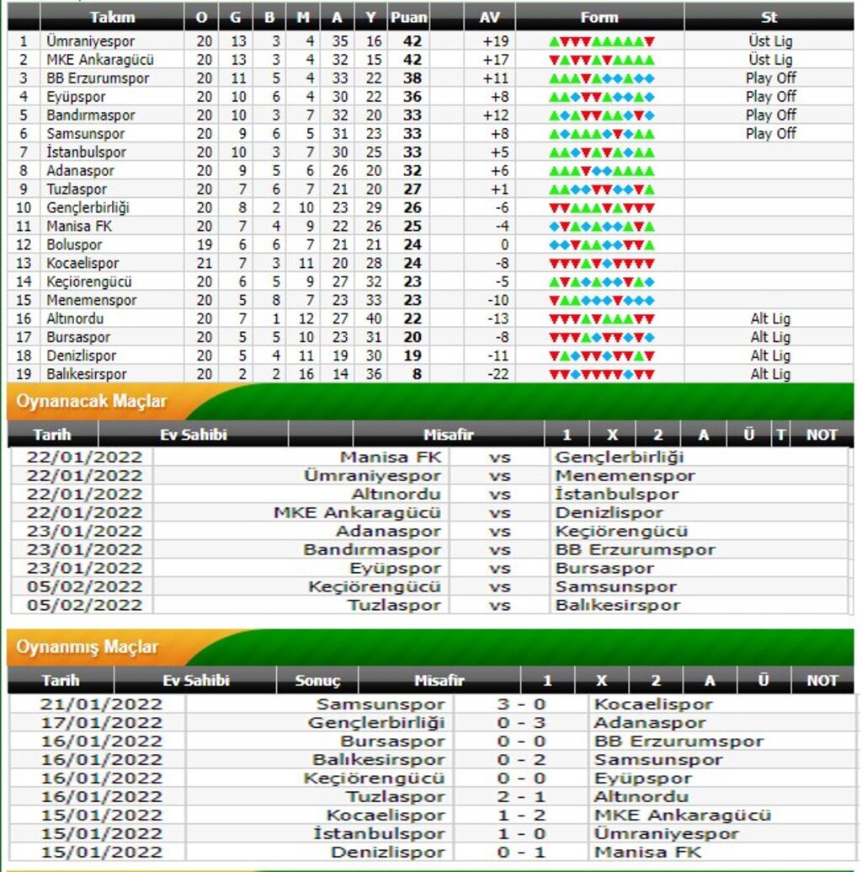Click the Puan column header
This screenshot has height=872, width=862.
click(x=409, y=17)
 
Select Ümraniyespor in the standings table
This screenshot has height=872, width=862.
click(x=91, y=41)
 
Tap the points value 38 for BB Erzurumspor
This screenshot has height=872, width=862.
click(x=412, y=78)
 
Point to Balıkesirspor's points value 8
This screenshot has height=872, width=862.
click(x=416, y=374)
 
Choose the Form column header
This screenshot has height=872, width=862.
click(x=599, y=17)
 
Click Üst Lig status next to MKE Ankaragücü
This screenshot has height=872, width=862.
click(x=770, y=60)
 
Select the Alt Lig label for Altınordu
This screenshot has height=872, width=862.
click(x=770, y=319)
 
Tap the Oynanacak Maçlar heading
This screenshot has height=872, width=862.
click(x=92, y=402)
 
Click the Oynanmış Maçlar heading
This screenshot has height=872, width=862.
click(x=88, y=647)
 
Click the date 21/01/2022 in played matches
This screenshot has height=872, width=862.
click(x=101, y=704)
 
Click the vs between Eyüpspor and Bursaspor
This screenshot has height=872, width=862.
click(x=500, y=569)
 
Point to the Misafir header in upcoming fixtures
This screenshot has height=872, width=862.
click(x=449, y=435)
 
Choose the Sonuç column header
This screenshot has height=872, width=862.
click(x=317, y=681)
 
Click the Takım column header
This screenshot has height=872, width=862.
click(x=112, y=17)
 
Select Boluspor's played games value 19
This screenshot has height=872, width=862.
click(x=205, y=245)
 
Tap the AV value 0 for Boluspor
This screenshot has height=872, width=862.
click(x=504, y=245)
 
